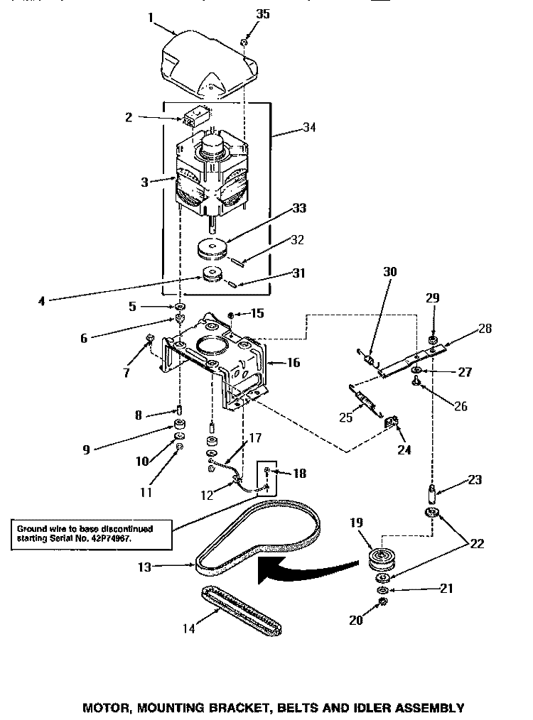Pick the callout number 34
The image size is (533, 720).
pyautogui.click(x=289, y=128)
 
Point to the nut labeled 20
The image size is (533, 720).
pyautogui.click(x=384, y=602)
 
